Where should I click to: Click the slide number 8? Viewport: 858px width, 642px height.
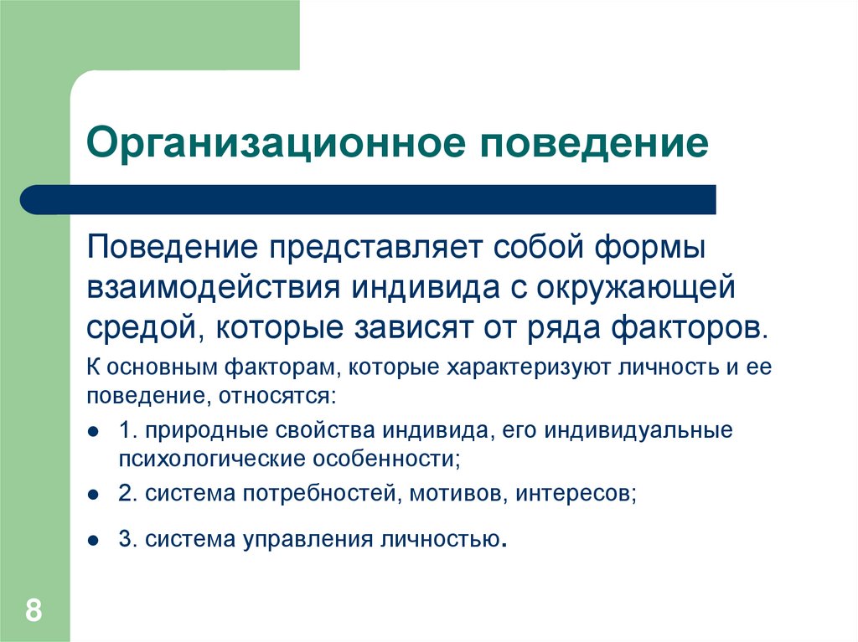click(34, 609)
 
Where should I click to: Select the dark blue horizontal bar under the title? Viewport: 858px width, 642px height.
click(369, 200)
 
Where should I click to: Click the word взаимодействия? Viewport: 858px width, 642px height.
click(213, 288)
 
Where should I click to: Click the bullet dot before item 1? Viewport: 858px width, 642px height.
click(94, 432)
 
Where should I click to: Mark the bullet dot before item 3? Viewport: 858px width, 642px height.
click(94, 540)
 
